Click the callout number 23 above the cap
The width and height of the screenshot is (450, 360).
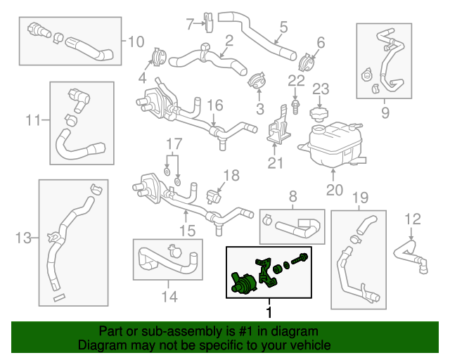click(321, 89)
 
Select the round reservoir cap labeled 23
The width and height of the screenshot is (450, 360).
click(319, 115)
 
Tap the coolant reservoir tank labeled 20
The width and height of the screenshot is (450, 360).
click(333, 144)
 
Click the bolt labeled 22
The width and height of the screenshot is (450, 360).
click(295, 107)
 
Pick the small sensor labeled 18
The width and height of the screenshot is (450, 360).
click(214, 197)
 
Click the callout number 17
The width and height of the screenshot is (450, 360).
click(174, 144)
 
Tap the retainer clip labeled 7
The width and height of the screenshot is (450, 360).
click(209, 22)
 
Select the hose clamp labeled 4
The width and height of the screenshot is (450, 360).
click(158, 56)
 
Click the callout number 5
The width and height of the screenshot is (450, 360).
click(283, 27)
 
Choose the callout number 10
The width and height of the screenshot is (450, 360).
click(136, 41)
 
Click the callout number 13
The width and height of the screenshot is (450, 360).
click(23, 238)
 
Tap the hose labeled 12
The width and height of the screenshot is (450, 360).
click(411, 257)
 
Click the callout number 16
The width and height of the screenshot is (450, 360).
click(215, 105)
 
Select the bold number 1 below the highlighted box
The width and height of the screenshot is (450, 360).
click(269, 312)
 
